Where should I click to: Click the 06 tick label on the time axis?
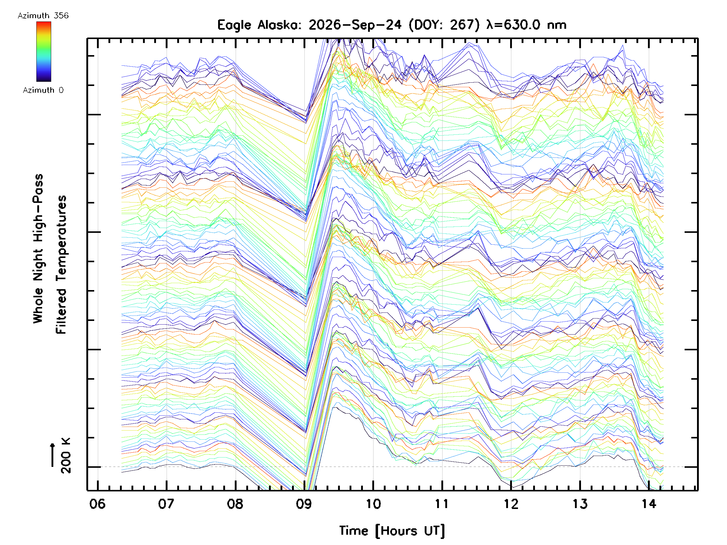[x=97, y=504]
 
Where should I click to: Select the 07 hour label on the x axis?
[x=166, y=504]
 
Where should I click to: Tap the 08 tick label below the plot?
[x=235, y=504]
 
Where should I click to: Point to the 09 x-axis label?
[x=304, y=504]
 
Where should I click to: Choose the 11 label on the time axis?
[x=442, y=504]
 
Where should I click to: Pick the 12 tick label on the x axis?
[x=511, y=504]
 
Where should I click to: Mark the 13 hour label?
[x=580, y=504]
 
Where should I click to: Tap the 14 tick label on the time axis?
[x=649, y=504]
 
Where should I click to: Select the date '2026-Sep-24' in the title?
[x=355, y=25]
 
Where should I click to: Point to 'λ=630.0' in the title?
[x=513, y=25]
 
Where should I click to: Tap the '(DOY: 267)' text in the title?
[x=444, y=25]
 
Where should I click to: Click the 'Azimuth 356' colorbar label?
[x=43, y=16]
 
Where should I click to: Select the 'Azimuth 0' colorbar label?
[x=43, y=90]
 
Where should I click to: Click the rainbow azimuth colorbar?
[x=44, y=51]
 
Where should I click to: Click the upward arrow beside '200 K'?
[x=53, y=455]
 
